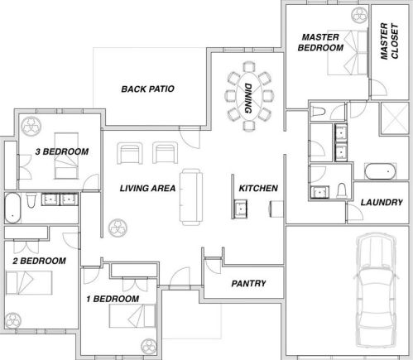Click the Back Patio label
pyautogui.click(x=147, y=89)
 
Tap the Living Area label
pyautogui.click(x=147, y=188)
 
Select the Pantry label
pyautogui.click(x=248, y=283)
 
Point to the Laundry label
pyautogui.click(x=382, y=202)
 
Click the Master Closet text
pyautogui.click(x=389, y=41)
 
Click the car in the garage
pyautogui.click(x=377, y=290)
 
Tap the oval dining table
pyautogui.click(x=249, y=96)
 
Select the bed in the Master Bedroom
pyautogui.click(x=348, y=52)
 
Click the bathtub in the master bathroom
pyautogui.click(x=380, y=171)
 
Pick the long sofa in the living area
pyautogui.click(x=191, y=197)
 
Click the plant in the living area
pyautogui.click(x=118, y=228)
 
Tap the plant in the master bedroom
pyautogui.click(x=359, y=14)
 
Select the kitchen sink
pyautogui.click(x=240, y=209)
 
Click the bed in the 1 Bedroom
pyautogui.click(x=132, y=316)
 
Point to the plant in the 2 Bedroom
pyautogui.click(x=12, y=320)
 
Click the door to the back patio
pyautogui.click(x=190, y=137)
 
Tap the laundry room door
pyautogui.click(x=355, y=212)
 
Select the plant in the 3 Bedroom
pyautogui.click(x=31, y=127)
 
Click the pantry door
pyautogui.click(x=213, y=266)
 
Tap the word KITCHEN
pyautogui.click(x=258, y=188)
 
